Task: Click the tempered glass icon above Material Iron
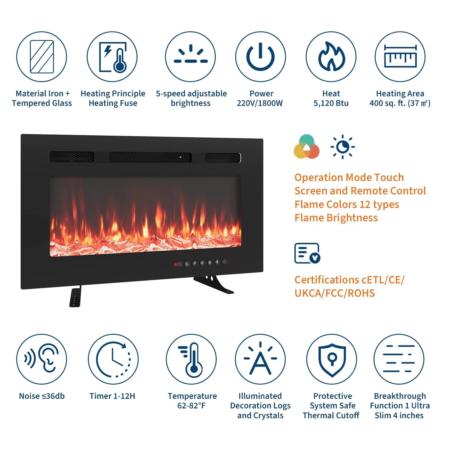pyautogui.click(x=42, y=57)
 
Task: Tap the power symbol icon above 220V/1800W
pyautogui.click(x=260, y=57)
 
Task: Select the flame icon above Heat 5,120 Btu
pyautogui.click(x=331, y=57)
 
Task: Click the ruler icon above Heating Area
pyautogui.click(x=400, y=57)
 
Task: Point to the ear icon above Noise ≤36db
pyautogui.click(x=42, y=359)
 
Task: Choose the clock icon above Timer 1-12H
pyautogui.click(x=113, y=359)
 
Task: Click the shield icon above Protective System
pyautogui.click(x=332, y=359)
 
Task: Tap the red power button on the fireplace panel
pyautogui.click(x=225, y=262)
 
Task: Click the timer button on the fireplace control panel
pyautogui.click(x=187, y=264)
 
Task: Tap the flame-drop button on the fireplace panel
pyautogui.click(x=210, y=262)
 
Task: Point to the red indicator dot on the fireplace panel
pyautogui.click(x=175, y=265)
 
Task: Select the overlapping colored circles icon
pyautogui.click(x=306, y=147)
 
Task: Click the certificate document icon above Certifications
pyautogui.click(x=307, y=253)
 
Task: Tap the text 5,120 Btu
pyautogui.click(x=331, y=103)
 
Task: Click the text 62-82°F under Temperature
pyautogui.click(x=192, y=406)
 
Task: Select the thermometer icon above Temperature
pyautogui.click(x=191, y=359)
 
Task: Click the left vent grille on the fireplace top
pyautogui.click(x=72, y=157)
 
